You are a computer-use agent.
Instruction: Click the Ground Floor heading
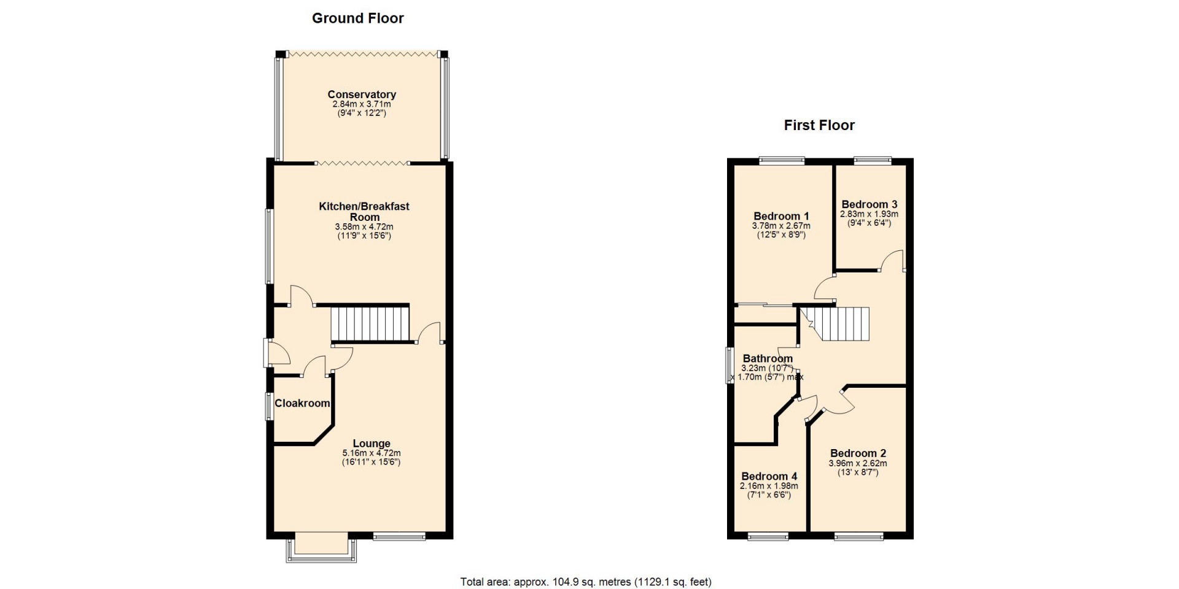point(358,18)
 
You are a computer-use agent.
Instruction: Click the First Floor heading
point(819,125)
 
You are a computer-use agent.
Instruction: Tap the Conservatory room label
point(362,94)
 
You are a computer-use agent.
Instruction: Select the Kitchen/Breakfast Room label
point(364,212)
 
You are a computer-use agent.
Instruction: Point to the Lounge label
point(372,444)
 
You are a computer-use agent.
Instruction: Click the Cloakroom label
point(302,403)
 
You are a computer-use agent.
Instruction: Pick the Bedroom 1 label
point(781,216)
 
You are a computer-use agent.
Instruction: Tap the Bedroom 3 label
point(870,204)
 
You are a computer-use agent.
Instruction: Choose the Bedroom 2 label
point(858,453)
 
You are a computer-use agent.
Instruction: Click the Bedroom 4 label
point(769,476)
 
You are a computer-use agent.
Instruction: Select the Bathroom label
point(768,358)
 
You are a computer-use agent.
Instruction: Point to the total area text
point(586,582)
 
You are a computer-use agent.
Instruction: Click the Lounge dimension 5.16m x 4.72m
point(372,453)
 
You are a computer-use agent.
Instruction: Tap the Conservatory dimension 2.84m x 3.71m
point(362,104)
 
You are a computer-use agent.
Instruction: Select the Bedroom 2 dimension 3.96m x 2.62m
point(858,463)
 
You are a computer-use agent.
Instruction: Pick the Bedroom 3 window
point(873,161)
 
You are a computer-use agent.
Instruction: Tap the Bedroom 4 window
point(768,537)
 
